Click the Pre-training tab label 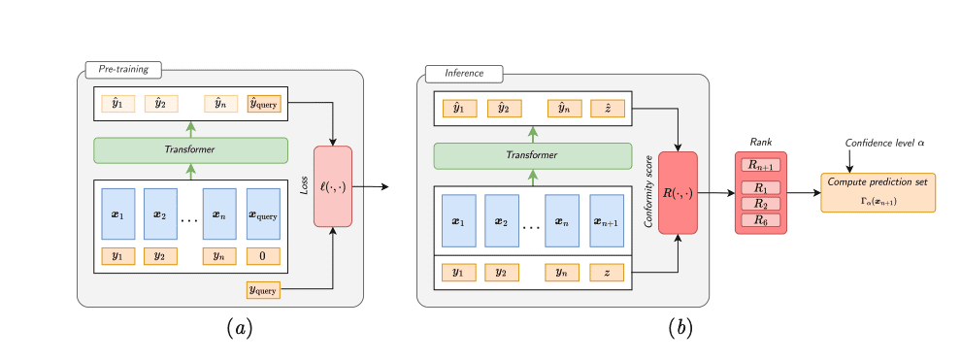[x=123, y=70]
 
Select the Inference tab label [x=463, y=74]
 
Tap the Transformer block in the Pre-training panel [x=190, y=149]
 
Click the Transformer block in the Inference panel [x=532, y=155]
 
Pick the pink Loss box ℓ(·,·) [x=333, y=185]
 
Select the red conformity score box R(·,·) [x=679, y=192]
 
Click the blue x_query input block [x=263, y=213]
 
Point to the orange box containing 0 [x=263, y=257]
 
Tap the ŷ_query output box [x=263, y=104]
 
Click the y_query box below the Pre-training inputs [x=263, y=288]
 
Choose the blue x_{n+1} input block [x=608, y=221]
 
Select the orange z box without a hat [x=608, y=273]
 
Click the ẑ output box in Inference [x=608, y=109]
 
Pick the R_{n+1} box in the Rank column [x=760, y=165]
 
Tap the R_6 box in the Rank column [x=760, y=220]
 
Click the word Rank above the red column [x=760, y=142]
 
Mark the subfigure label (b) [x=680, y=328]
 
